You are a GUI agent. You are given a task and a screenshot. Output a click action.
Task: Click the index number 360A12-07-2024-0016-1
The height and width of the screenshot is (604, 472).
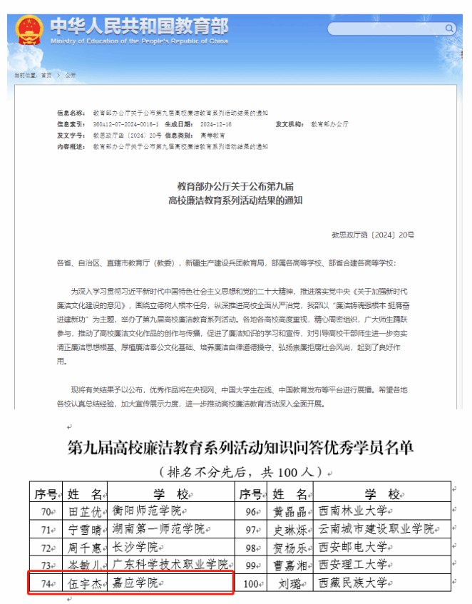pyautogui.click(x=118, y=124)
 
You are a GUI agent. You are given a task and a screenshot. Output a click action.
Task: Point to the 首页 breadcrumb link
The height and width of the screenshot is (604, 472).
pyautogui.click(x=46, y=74)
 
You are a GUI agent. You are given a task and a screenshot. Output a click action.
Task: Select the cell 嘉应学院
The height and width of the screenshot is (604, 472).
pyautogui.click(x=135, y=583)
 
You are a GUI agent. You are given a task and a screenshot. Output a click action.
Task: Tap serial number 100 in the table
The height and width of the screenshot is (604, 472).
pyautogui.click(x=250, y=583)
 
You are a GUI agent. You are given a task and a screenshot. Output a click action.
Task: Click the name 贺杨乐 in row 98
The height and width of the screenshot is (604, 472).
pyautogui.click(x=290, y=548)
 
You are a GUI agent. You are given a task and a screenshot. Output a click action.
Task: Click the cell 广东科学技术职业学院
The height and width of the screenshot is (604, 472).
pyautogui.click(x=170, y=565)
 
